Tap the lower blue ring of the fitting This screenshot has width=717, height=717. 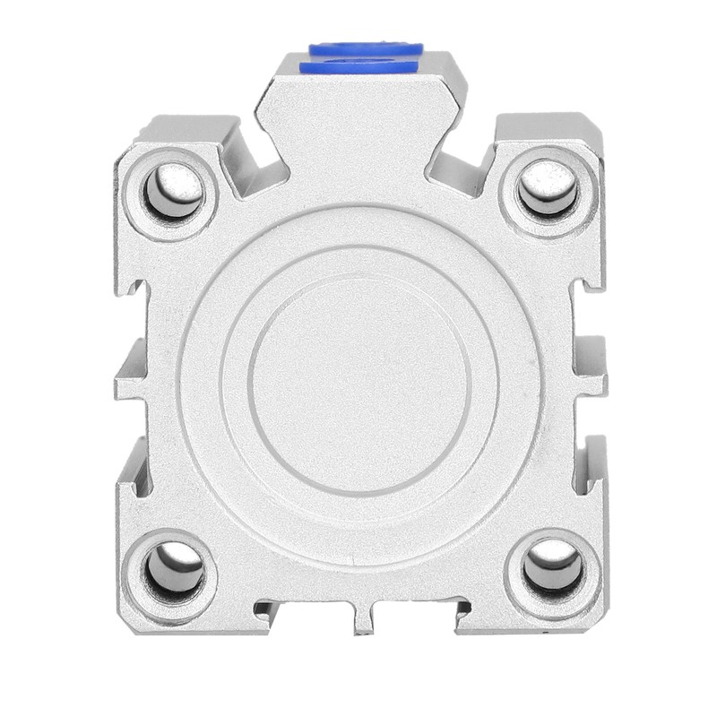(358, 66)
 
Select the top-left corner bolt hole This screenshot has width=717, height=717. (172, 191)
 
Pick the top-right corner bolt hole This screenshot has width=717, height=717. (548, 189)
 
